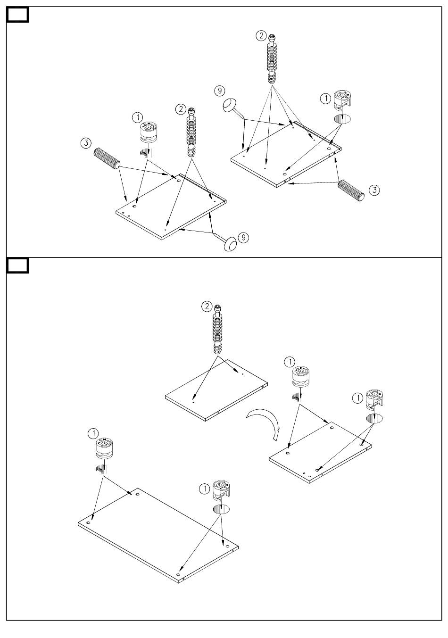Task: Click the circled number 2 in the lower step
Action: [207, 307]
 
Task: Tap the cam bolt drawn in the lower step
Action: [218, 330]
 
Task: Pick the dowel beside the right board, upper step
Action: [352, 190]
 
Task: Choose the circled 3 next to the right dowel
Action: [373, 190]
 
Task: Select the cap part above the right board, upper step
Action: [230, 105]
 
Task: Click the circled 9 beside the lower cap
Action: [243, 237]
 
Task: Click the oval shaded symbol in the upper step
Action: [343, 118]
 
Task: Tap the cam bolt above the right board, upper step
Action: [272, 59]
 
